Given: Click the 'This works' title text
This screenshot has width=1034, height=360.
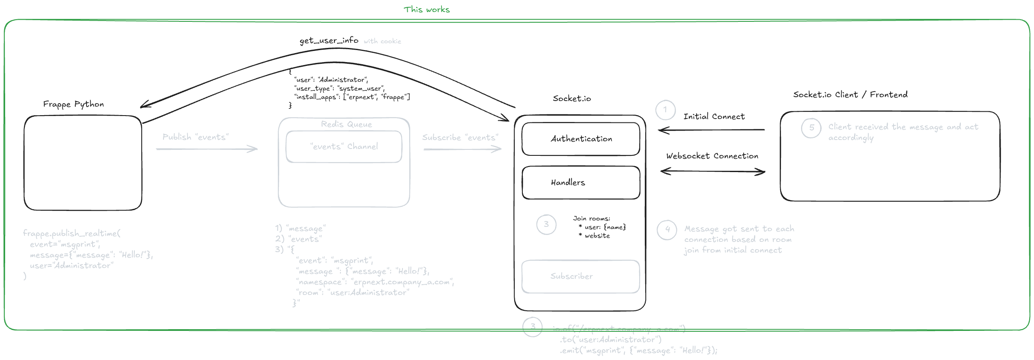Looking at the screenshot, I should (426, 9).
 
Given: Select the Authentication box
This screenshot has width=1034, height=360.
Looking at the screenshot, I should (581, 139).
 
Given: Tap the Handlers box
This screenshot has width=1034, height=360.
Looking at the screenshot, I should (581, 182).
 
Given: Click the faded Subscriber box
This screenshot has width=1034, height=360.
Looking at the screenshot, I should (580, 277).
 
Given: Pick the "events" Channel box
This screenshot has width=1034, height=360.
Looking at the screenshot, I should (344, 147).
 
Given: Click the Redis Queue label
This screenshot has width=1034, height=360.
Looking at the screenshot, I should (346, 125).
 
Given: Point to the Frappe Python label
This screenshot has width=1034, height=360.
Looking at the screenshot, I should (73, 104).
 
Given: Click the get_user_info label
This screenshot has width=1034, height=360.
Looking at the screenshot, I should (329, 41).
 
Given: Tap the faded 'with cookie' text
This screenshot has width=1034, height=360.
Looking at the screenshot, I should (382, 42).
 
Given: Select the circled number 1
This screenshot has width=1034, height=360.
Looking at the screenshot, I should (665, 110).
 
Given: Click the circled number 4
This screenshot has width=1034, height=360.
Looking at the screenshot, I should (667, 230).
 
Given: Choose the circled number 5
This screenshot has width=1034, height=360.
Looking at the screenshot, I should (811, 128).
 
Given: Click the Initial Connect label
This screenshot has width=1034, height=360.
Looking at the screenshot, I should (714, 116).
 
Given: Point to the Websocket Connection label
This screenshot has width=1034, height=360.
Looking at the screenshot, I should (712, 156).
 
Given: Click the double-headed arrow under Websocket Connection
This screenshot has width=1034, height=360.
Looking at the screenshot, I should (712, 172).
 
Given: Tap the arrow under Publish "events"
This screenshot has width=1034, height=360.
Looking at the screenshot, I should (207, 149).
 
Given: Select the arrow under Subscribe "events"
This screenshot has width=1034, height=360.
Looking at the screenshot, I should (462, 149).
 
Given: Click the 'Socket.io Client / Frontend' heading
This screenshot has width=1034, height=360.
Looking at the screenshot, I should (850, 95).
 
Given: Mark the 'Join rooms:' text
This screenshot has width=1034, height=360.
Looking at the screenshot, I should (591, 219).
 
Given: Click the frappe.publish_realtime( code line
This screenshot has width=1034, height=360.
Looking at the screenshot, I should (72, 234).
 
